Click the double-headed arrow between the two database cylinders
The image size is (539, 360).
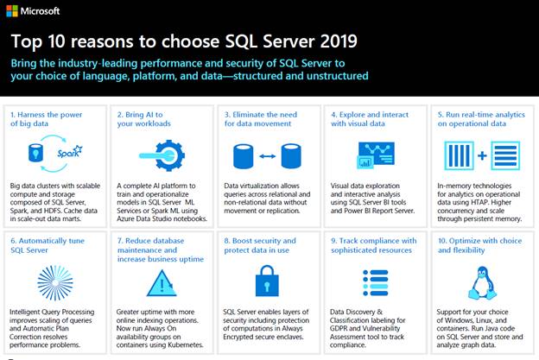(x=267, y=157)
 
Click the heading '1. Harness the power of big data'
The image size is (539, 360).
(x=48, y=119)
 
